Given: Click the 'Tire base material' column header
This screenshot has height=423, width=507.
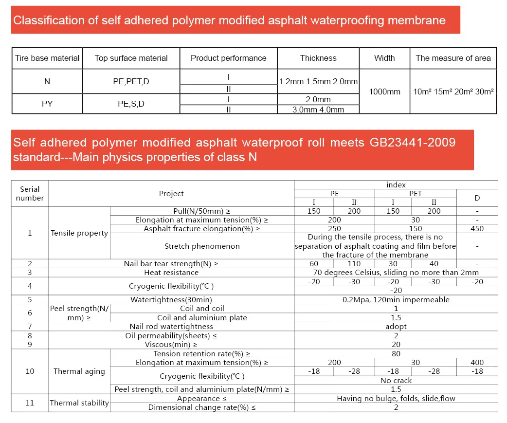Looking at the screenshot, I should tap(47, 58).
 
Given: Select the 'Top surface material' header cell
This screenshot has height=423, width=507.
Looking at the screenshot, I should tap(131, 58).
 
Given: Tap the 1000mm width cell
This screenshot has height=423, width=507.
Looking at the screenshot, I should tap(384, 92).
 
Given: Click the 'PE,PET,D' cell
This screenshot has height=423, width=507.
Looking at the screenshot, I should tap(131, 81).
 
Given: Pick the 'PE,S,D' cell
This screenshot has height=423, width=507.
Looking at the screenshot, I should tap(131, 104).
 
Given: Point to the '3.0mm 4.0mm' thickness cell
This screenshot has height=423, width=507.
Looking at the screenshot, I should tap(318, 110).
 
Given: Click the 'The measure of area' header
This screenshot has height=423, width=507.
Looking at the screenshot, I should tap(453, 58).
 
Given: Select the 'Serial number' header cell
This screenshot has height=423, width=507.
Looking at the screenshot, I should tap(30, 193).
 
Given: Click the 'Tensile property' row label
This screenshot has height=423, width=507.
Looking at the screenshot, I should tap(79, 233).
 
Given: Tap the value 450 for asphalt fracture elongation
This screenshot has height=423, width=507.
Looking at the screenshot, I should tap(477, 229).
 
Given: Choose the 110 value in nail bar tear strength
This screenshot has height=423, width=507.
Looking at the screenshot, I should tap(354, 264).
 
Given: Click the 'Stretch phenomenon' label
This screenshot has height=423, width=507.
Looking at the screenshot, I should tap(202, 246).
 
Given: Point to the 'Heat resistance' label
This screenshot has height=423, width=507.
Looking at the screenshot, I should tap(171, 273).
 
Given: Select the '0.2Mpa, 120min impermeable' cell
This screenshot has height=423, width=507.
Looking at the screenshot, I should tap(396, 300).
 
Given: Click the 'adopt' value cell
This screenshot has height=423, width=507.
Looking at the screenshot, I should tap(396, 327).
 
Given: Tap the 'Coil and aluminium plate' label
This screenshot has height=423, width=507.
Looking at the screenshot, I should tap(202, 318).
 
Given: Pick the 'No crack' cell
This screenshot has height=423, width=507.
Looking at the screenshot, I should tap(396, 381).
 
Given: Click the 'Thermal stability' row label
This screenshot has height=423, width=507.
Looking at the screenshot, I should tap(79, 403).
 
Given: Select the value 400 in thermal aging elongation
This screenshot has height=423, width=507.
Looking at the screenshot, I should tap(477, 363).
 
